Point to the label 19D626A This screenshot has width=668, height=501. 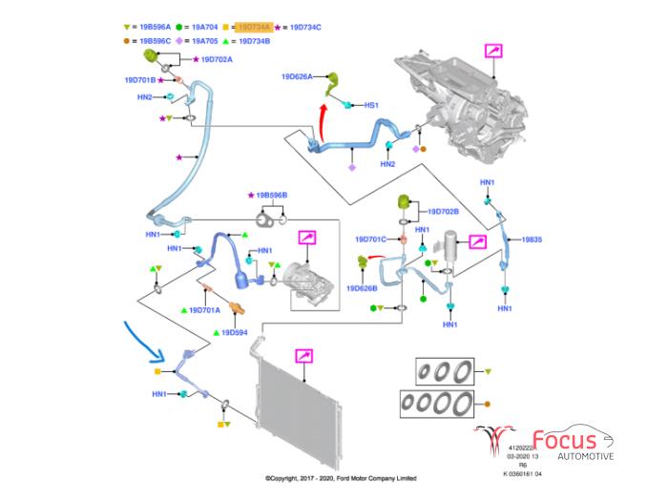click(297, 75)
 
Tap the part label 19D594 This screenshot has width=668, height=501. click(235, 332)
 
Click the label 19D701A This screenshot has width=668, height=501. click(203, 310)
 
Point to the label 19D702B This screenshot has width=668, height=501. click(443, 211)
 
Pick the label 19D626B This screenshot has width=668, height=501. click(363, 287)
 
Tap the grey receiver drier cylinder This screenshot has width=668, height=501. click(450, 251)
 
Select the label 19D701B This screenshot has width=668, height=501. click(139, 79)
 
